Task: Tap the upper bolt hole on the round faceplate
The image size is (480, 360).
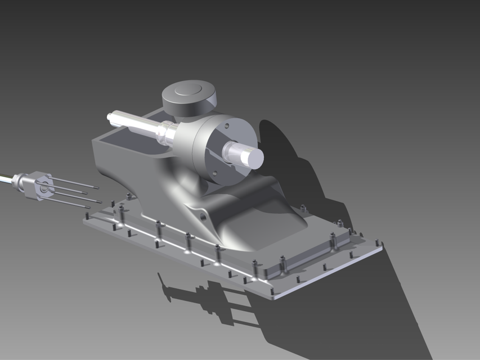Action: tap(227, 127)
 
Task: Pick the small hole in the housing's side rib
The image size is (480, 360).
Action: tap(201, 215)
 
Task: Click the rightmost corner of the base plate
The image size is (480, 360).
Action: tap(383, 244)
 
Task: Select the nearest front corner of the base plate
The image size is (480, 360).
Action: tap(274, 297)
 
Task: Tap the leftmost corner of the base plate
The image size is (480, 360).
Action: tap(84, 220)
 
